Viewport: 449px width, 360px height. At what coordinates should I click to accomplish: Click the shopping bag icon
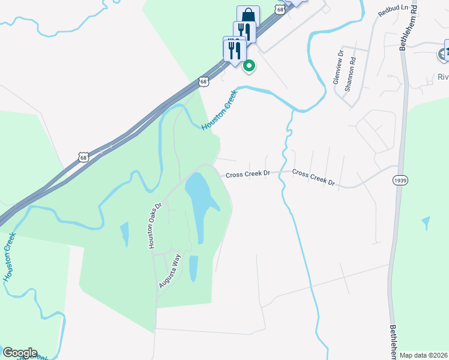point(248,15)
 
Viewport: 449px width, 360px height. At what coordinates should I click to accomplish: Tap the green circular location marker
point(249,66)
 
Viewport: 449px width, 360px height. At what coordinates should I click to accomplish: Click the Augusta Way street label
point(169,271)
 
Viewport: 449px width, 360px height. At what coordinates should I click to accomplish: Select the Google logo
point(20,353)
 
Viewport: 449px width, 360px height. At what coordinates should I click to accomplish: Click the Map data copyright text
point(423,355)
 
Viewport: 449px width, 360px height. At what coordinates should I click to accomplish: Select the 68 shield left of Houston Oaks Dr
point(83,157)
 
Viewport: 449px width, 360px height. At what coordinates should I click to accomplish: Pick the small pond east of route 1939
point(426,223)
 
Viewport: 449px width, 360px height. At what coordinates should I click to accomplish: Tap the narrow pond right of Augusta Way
point(193,268)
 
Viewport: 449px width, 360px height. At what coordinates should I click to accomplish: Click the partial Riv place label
point(443,77)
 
